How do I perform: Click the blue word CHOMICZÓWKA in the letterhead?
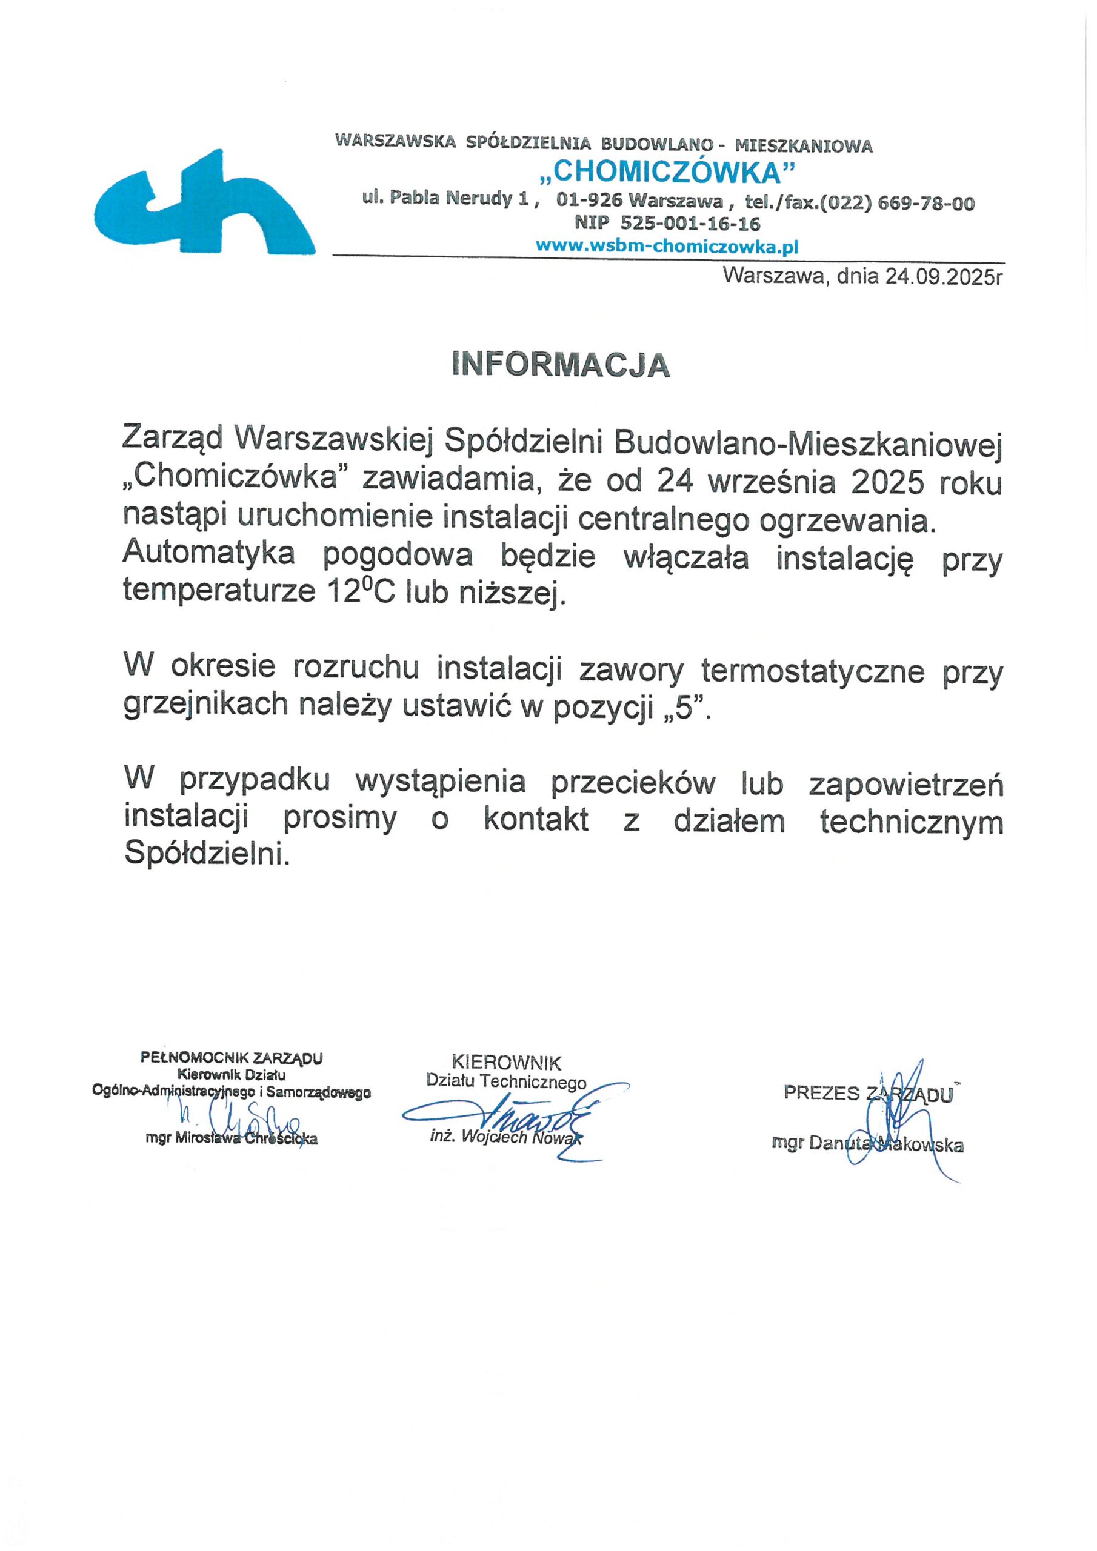(x=667, y=174)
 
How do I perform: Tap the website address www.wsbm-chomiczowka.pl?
(x=667, y=247)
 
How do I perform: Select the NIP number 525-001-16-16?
(x=690, y=224)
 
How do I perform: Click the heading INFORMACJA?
(x=561, y=365)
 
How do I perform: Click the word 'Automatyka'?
(x=209, y=556)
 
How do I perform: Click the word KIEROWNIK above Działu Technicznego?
(x=506, y=1063)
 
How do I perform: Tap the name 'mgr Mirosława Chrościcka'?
(x=232, y=1138)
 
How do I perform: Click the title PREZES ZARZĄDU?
(x=868, y=1094)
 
